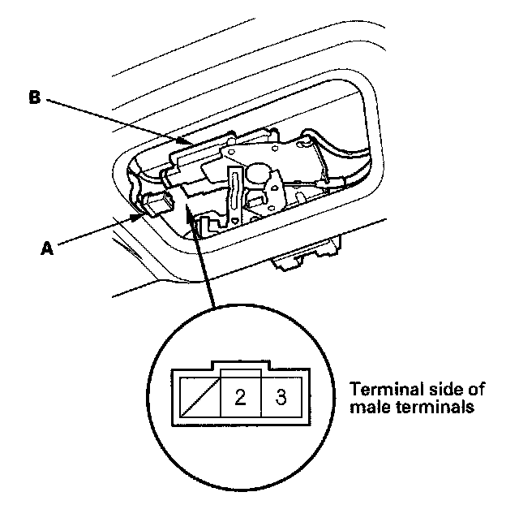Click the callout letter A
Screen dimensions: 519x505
pyautogui.click(x=47, y=250)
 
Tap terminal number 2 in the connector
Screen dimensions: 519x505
pyautogui.click(x=241, y=397)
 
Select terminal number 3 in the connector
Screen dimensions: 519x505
pyautogui.click(x=281, y=397)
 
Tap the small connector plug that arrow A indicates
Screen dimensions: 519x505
pyautogui.click(x=156, y=205)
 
